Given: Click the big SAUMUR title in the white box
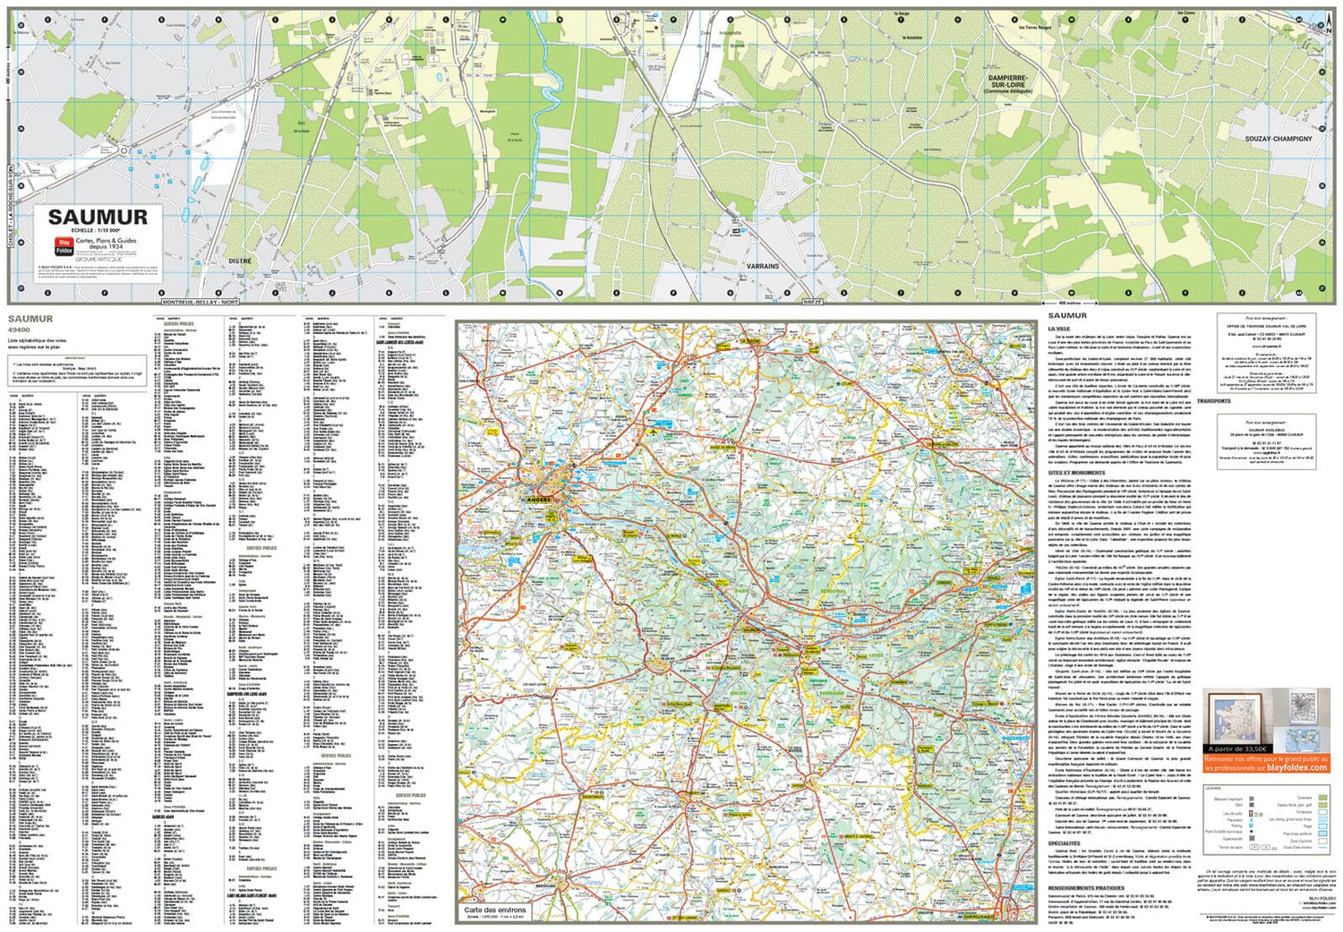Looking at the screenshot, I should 98,218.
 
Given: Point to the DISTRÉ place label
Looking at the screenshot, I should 240,261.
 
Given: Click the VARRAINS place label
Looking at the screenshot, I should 763,266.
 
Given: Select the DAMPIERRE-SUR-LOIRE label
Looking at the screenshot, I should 1008,81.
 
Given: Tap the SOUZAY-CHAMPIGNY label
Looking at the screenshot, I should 1278,139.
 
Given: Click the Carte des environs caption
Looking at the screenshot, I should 495,910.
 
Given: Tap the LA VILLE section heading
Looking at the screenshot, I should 1059,329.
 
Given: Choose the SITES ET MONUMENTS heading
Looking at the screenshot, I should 1076,472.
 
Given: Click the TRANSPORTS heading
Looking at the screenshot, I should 1213,401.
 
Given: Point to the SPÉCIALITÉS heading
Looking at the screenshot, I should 1064,842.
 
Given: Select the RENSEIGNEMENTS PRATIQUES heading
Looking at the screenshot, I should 1086,888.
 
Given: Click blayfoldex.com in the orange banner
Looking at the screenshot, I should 1298,767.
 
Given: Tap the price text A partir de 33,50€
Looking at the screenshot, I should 1238,748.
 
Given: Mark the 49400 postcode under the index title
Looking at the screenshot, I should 18,329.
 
